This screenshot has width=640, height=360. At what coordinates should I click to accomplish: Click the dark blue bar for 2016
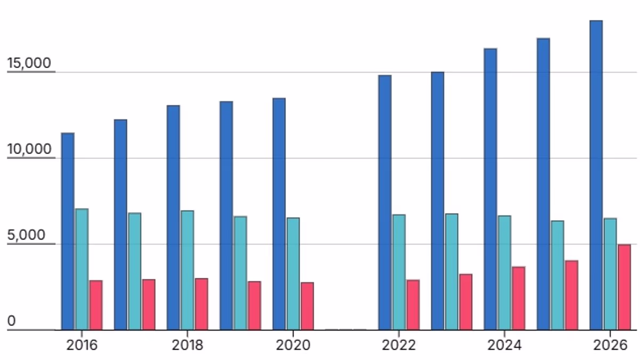point(68,231)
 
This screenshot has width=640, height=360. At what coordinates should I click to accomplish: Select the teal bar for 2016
point(82,269)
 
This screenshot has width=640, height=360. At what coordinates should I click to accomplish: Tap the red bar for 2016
point(96,305)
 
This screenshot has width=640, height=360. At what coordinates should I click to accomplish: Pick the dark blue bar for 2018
point(173,218)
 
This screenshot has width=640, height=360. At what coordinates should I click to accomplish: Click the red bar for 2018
point(202,304)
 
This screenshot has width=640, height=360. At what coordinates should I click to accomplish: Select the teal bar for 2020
point(293,274)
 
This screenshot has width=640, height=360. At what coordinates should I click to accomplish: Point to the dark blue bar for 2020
point(279,214)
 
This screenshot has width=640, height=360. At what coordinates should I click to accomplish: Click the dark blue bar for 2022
point(385,203)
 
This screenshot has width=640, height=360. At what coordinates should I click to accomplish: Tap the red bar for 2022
point(413,305)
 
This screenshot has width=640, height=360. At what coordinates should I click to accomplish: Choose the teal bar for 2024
point(505,273)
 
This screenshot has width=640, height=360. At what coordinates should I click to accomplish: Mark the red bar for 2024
point(518,298)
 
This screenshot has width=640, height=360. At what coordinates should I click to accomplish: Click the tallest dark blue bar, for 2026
point(596,175)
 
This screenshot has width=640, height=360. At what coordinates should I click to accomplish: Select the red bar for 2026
point(625,287)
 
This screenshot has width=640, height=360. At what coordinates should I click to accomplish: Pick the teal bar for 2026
point(610,274)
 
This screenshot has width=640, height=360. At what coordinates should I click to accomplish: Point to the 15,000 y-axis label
point(29,63)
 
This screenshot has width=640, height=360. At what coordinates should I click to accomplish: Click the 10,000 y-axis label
point(29,149)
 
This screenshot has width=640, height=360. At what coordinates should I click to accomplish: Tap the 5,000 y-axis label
point(26,235)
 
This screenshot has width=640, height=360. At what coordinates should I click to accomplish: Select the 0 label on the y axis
point(11,321)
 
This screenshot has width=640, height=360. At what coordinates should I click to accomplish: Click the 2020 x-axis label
point(293,345)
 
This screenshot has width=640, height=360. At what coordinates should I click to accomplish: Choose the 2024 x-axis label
point(505,345)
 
